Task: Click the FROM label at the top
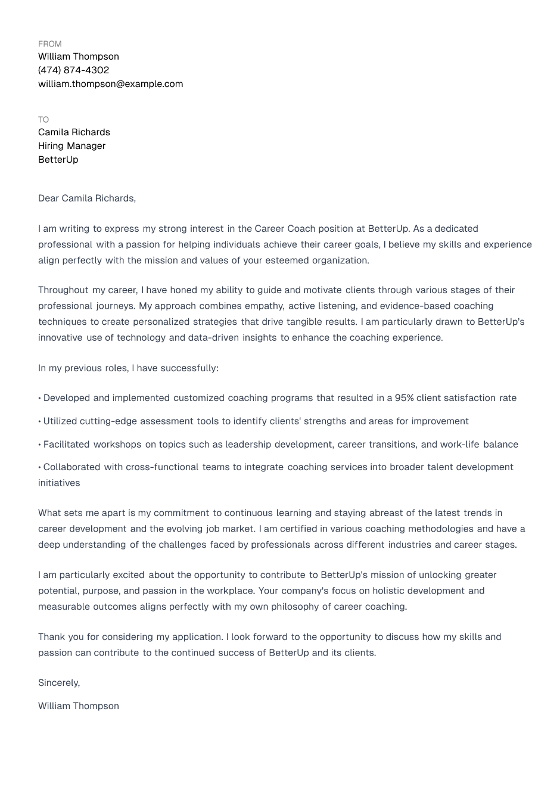[x=49, y=44]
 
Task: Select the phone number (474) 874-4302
[x=73, y=70]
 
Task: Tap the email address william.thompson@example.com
[x=110, y=84]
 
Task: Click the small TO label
[x=43, y=120]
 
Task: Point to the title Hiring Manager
[x=71, y=146]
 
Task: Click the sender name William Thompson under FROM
[x=78, y=57]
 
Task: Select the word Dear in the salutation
[x=48, y=198]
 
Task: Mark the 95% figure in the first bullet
[x=404, y=398]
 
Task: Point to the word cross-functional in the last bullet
[x=162, y=467]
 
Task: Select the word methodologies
[x=441, y=529]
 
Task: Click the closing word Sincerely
[x=58, y=683]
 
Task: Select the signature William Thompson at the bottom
[x=78, y=706]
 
